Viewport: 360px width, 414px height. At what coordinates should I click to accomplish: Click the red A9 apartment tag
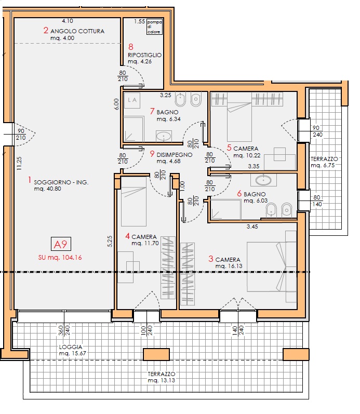click(x=61, y=244)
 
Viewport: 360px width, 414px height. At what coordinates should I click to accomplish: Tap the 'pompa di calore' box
click(x=154, y=26)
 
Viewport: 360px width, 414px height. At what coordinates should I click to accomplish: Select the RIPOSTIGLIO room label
click(x=144, y=55)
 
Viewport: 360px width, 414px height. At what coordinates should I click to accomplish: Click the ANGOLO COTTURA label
click(x=77, y=31)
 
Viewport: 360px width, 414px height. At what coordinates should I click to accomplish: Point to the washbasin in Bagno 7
click(x=164, y=136)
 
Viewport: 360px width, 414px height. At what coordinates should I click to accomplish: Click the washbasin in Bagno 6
click(x=263, y=180)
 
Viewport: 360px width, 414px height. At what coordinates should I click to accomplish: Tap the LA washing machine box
click(x=132, y=100)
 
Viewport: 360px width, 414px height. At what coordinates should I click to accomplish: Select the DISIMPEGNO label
click(x=175, y=155)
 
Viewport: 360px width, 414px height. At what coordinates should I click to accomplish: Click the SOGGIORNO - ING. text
click(x=61, y=182)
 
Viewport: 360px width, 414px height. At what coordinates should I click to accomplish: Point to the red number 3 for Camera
click(x=210, y=259)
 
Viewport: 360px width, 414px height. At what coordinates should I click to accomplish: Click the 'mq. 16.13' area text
click(x=229, y=266)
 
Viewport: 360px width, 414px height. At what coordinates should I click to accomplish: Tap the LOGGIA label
click(x=71, y=347)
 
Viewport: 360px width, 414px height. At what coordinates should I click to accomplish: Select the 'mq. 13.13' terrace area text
click(x=162, y=380)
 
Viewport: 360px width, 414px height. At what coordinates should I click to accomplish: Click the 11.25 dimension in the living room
click(x=19, y=164)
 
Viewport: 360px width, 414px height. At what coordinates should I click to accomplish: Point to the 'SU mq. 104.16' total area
click(x=60, y=258)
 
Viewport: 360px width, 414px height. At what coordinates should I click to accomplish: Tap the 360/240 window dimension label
click(x=64, y=331)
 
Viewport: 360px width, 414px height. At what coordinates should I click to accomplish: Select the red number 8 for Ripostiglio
click(x=131, y=47)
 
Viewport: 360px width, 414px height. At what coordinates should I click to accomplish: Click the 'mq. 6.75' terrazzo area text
click(x=323, y=166)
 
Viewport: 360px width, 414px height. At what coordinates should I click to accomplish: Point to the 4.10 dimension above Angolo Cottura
click(x=68, y=21)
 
